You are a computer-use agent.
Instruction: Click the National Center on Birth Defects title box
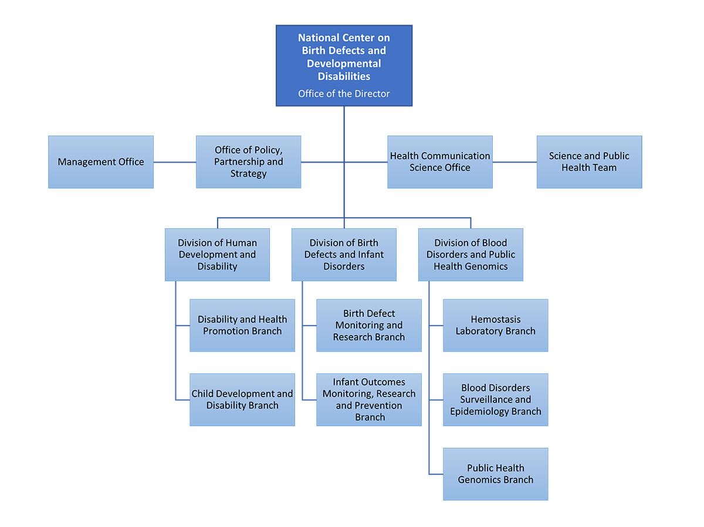[x=344, y=57]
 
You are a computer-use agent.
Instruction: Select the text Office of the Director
[x=344, y=94]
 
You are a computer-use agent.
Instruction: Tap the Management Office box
[x=101, y=162]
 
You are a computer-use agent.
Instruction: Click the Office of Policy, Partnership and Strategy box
[x=248, y=162]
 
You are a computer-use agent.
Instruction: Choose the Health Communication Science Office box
[x=440, y=162]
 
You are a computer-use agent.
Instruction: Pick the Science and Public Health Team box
[x=589, y=162]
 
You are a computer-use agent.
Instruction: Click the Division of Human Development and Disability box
[x=217, y=255]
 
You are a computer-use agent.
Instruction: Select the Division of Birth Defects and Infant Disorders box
[x=344, y=255]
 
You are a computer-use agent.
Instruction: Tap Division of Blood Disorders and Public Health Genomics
[x=471, y=255]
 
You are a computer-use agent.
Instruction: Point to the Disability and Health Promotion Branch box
[x=242, y=326]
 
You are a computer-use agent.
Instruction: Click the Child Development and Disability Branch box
[x=242, y=400]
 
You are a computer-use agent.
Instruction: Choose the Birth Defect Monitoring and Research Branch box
[x=369, y=326]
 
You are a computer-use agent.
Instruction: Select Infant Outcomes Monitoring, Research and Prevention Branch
[x=369, y=400]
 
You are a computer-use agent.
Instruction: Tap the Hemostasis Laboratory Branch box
[x=496, y=326]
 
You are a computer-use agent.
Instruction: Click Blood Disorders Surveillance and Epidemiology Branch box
[x=496, y=400]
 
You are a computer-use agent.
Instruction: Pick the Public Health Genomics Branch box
[x=496, y=474]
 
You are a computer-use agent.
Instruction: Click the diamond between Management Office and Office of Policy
[x=175, y=162]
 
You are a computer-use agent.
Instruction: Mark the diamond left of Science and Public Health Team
[x=515, y=162]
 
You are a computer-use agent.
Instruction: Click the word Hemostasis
[x=496, y=320]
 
